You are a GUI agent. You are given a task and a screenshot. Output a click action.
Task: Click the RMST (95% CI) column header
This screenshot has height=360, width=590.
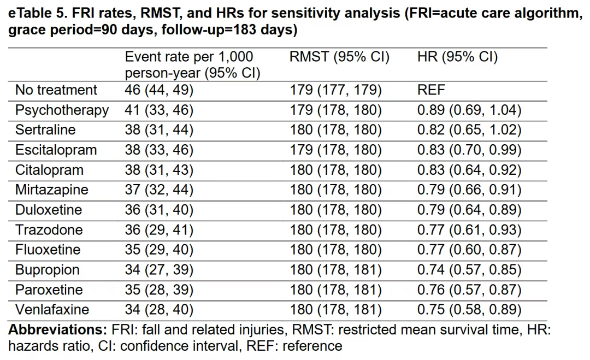(x=339, y=57)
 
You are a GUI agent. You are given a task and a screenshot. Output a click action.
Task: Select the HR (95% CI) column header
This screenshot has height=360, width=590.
(x=458, y=57)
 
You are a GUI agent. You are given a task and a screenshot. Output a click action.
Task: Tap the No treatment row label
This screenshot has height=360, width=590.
(x=56, y=90)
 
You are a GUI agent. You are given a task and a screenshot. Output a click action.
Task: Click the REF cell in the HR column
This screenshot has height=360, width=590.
(x=431, y=90)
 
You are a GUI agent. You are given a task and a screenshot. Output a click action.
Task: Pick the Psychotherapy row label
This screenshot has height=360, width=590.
(x=62, y=110)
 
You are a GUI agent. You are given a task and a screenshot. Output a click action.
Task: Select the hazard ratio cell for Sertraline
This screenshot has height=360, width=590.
(x=469, y=130)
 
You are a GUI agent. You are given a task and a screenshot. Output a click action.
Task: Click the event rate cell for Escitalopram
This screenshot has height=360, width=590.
(x=159, y=150)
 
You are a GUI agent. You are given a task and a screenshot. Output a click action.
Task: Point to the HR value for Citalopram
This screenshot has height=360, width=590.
(x=469, y=170)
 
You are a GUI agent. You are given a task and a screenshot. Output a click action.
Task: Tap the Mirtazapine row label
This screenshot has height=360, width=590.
(x=52, y=190)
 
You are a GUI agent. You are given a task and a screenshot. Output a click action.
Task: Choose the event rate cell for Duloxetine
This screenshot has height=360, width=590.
(x=159, y=210)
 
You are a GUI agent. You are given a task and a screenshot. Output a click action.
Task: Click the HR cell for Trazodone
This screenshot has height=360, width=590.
(x=469, y=230)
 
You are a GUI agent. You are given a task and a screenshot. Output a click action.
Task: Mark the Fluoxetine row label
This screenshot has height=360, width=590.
(x=48, y=250)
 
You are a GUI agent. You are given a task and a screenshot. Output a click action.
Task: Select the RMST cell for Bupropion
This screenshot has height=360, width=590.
(x=335, y=270)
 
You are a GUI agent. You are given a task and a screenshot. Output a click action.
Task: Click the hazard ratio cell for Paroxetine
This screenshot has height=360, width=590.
(x=469, y=290)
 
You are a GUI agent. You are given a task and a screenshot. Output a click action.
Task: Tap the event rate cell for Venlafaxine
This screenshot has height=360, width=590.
(x=159, y=310)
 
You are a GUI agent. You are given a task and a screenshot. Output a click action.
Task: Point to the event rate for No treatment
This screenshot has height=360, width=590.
(x=159, y=90)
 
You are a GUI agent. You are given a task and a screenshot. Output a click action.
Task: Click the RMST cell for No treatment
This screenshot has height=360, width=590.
(x=335, y=90)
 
